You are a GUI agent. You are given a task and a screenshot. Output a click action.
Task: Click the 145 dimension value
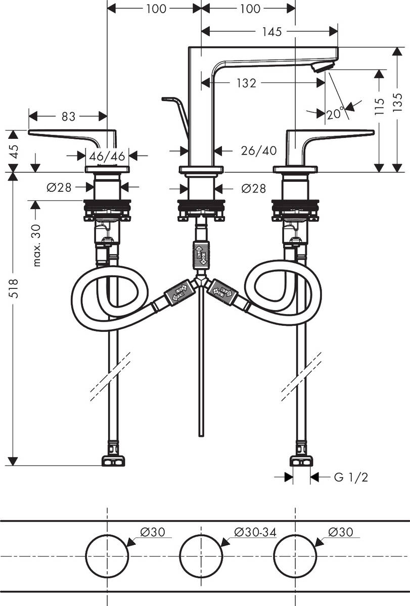point(272,32)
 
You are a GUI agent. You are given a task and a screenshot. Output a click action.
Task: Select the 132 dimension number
point(246,83)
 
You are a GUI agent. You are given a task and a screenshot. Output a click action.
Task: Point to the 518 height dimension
point(14,288)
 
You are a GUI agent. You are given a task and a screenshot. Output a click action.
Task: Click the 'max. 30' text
point(36,245)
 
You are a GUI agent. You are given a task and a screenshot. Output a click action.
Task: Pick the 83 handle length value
point(68,117)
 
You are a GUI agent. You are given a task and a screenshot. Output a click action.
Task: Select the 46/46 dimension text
point(107,156)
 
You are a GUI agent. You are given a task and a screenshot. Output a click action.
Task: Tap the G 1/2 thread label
point(351,477)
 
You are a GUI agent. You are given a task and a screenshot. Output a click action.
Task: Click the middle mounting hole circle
point(201,555)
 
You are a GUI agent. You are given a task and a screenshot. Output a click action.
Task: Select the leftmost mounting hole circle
point(107,555)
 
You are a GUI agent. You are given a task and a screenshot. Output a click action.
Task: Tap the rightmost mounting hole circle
point(295,555)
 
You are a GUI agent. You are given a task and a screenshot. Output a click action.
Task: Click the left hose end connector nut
point(113,460)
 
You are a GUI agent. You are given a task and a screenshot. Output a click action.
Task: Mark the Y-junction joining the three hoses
point(201,281)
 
